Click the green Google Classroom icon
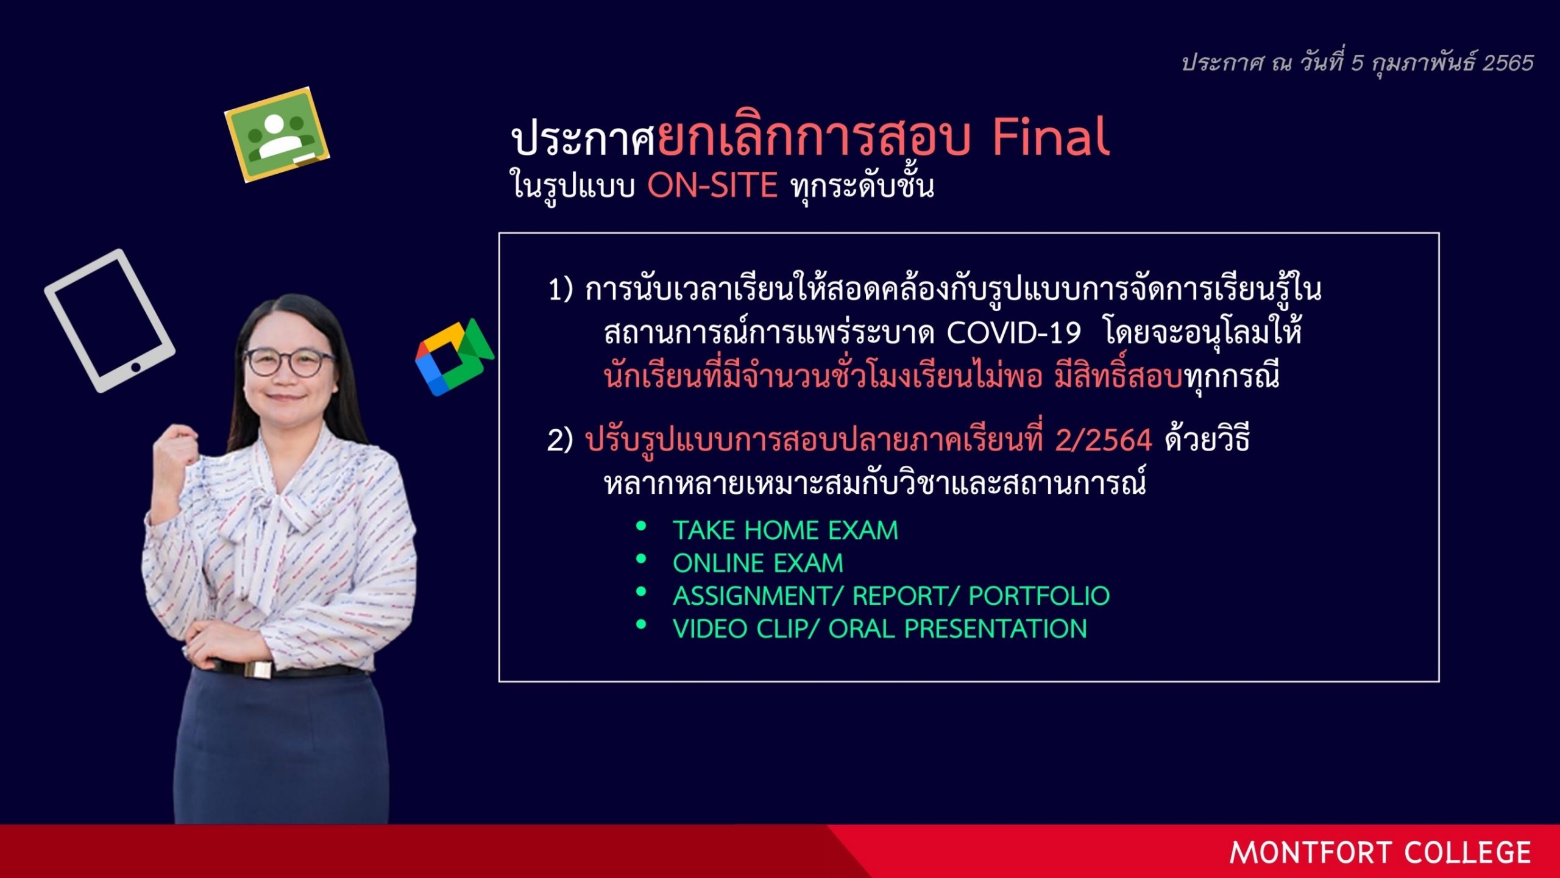tap(277, 135)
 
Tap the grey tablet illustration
tap(110, 320)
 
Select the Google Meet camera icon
tap(454, 357)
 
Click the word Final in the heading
tap(1051, 137)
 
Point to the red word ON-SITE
tap(712, 185)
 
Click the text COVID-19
tap(1013, 333)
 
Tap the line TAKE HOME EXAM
tap(785, 530)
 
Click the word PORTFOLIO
tap(1039, 596)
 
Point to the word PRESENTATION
tap(996, 629)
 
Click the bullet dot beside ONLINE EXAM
tap(641, 559)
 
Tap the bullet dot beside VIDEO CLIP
tap(641, 624)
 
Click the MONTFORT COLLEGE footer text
tap(1380, 852)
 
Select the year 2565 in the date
tap(1508, 63)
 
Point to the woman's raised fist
tap(176, 451)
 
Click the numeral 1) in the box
tap(561, 290)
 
